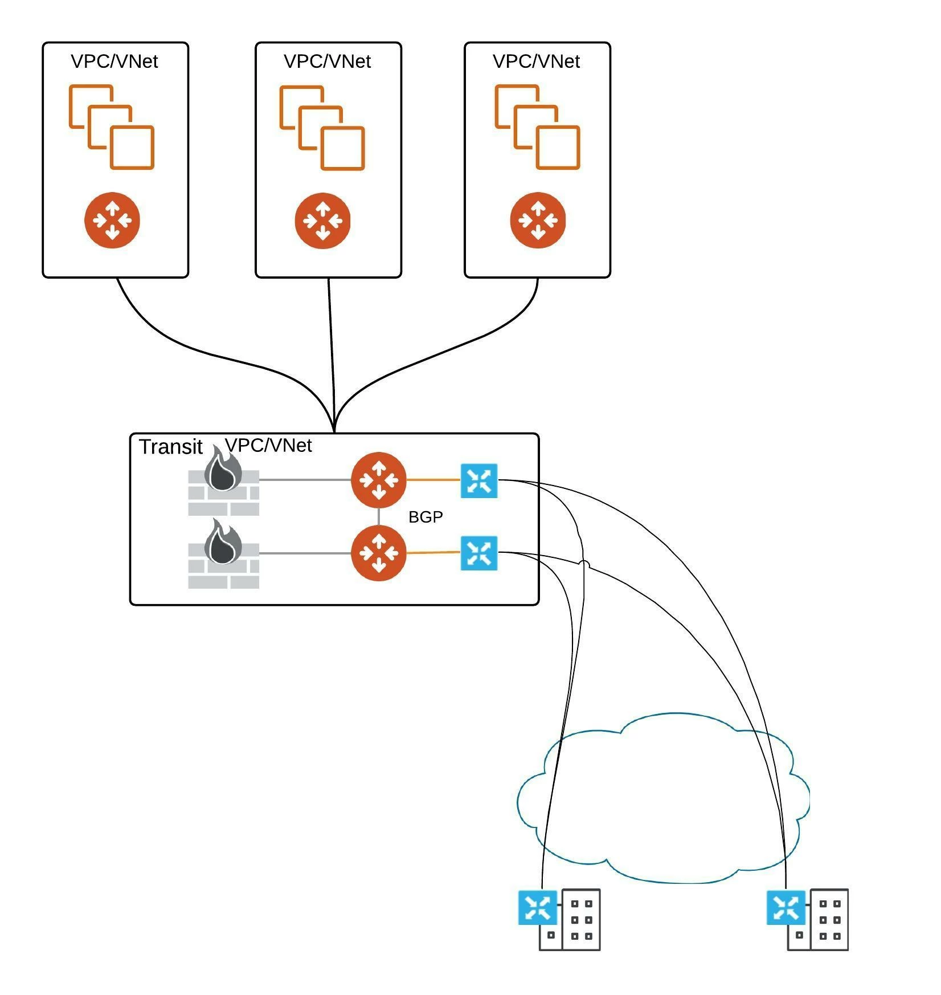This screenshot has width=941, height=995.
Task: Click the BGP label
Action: click(426, 516)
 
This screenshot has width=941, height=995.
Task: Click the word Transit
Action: click(171, 447)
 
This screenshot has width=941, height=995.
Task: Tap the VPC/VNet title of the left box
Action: click(114, 61)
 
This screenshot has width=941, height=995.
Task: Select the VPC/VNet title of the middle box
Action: click(328, 61)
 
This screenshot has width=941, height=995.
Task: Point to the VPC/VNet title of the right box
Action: click(537, 61)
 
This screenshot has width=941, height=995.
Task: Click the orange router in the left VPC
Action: click(112, 221)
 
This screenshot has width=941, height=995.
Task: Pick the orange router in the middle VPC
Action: click(322, 221)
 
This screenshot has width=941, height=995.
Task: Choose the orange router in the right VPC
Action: click(538, 221)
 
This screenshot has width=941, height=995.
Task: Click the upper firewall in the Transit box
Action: click(223, 482)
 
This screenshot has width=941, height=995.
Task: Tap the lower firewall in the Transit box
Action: click(223, 554)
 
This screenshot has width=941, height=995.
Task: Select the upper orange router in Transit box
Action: click(379, 480)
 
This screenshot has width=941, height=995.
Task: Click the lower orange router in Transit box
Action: click(379, 553)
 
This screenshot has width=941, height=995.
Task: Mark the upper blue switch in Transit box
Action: click(479, 480)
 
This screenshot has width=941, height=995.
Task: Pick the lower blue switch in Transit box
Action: click(479, 553)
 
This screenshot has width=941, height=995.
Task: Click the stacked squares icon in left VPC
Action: click(112, 127)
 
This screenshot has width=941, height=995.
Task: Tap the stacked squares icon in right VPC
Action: click(537, 127)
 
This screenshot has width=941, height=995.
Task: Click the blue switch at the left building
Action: click(537, 907)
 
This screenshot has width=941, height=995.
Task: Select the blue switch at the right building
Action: click(786, 907)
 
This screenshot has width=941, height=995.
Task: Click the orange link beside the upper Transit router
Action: click(433, 480)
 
